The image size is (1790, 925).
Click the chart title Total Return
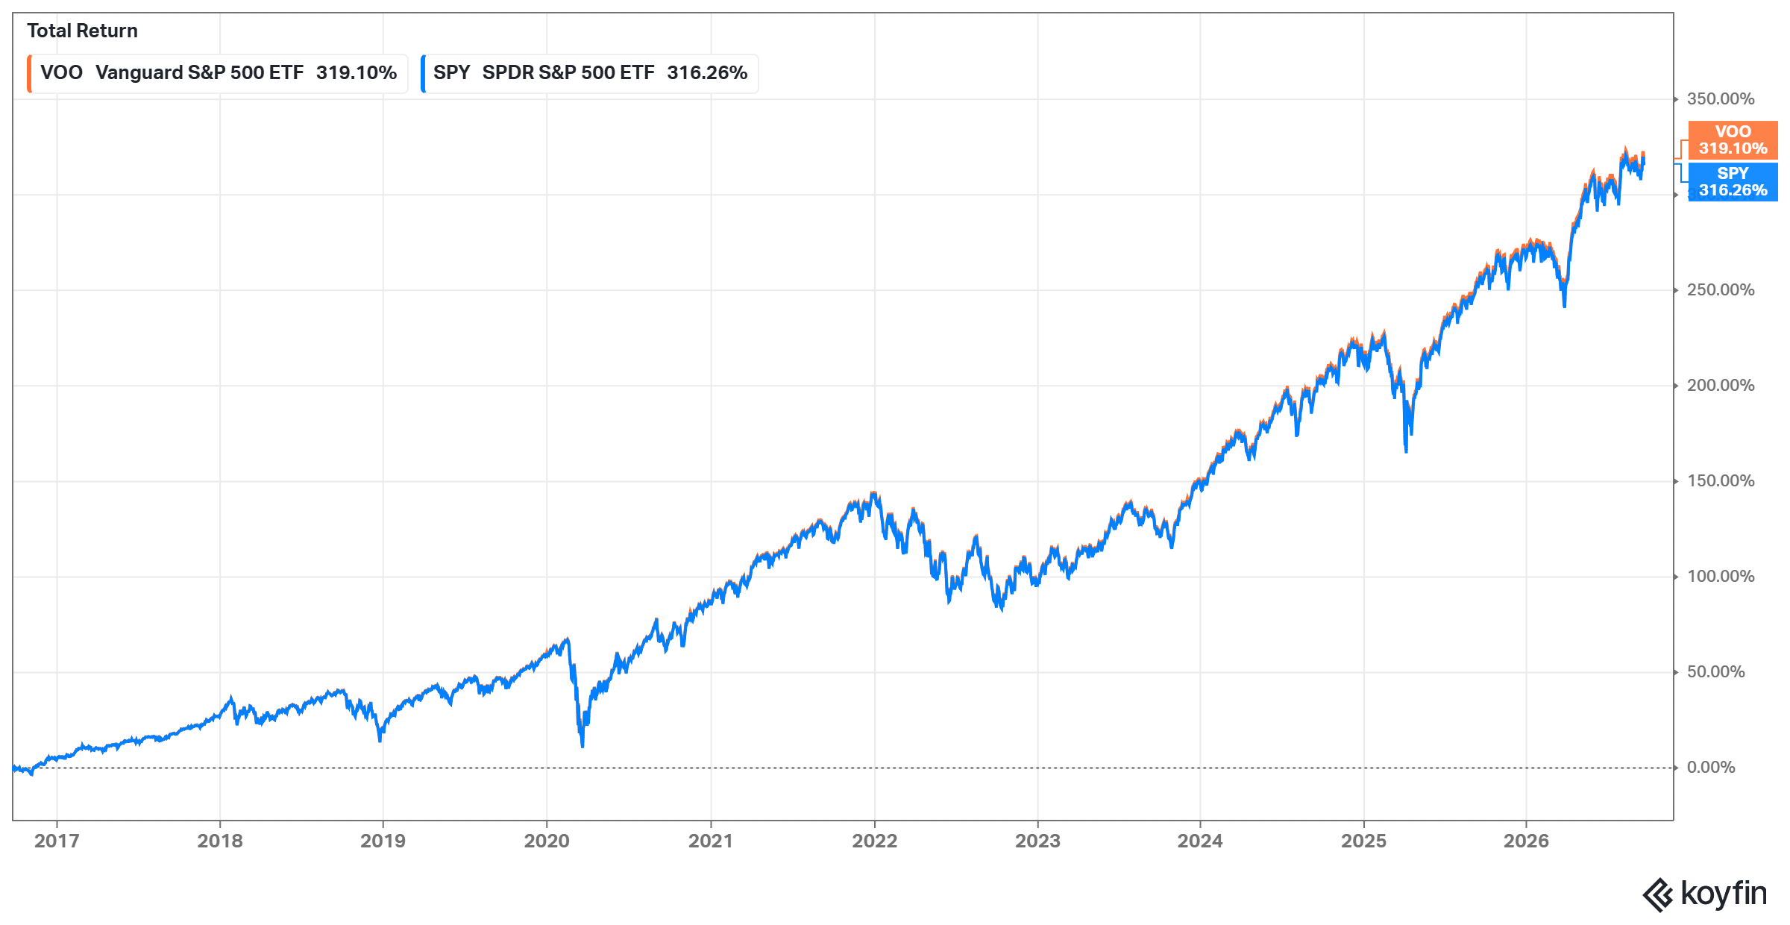pos(82,31)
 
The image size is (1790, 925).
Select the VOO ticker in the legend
pos(61,72)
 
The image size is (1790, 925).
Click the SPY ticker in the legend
pos(451,72)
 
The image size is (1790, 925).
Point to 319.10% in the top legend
pos(356,72)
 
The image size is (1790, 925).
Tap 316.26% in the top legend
pos(707,72)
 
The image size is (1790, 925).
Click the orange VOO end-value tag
pos(1733,140)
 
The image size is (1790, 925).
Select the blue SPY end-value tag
pos(1733,182)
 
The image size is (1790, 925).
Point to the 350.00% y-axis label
pos(1721,98)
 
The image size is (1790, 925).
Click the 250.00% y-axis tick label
pos(1721,289)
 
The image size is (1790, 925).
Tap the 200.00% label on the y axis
pos(1721,385)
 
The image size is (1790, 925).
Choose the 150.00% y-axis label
pos(1721,480)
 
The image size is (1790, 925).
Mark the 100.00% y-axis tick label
pos(1721,576)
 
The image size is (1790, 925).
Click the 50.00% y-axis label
pos(1716,671)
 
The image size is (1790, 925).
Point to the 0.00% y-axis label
pos(1711,767)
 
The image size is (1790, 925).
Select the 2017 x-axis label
pos(57,841)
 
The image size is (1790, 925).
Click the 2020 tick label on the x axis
pos(547,841)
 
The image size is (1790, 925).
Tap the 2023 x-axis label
pos(1037,841)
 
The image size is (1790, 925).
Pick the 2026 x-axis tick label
pos(1526,841)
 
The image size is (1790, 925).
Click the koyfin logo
pos(1704,894)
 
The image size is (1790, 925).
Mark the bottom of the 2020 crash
pos(582,745)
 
